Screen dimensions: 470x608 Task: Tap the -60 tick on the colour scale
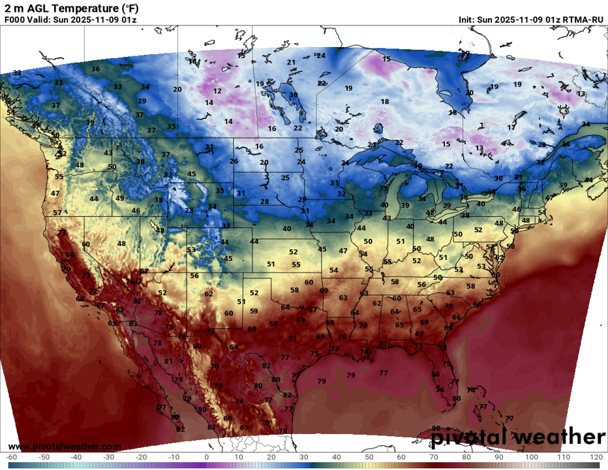[x=11, y=456]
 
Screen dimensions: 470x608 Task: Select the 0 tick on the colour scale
[x=206, y=456]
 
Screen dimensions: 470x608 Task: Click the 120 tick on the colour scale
[x=596, y=456]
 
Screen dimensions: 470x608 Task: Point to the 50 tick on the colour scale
[x=369, y=456]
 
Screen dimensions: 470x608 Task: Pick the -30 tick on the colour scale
[x=109, y=456]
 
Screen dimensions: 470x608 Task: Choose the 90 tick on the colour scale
[x=498, y=456]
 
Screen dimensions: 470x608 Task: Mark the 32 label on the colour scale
[x=310, y=456]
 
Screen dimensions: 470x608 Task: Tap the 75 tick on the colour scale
[x=449, y=456]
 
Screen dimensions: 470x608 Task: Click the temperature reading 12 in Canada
[x=218, y=91]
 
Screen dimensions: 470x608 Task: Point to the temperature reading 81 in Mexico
[x=168, y=361]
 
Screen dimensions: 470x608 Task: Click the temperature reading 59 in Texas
[x=254, y=311]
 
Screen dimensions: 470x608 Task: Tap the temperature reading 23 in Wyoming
[x=189, y=210]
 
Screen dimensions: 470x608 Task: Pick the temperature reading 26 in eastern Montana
[x=234, y=161]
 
